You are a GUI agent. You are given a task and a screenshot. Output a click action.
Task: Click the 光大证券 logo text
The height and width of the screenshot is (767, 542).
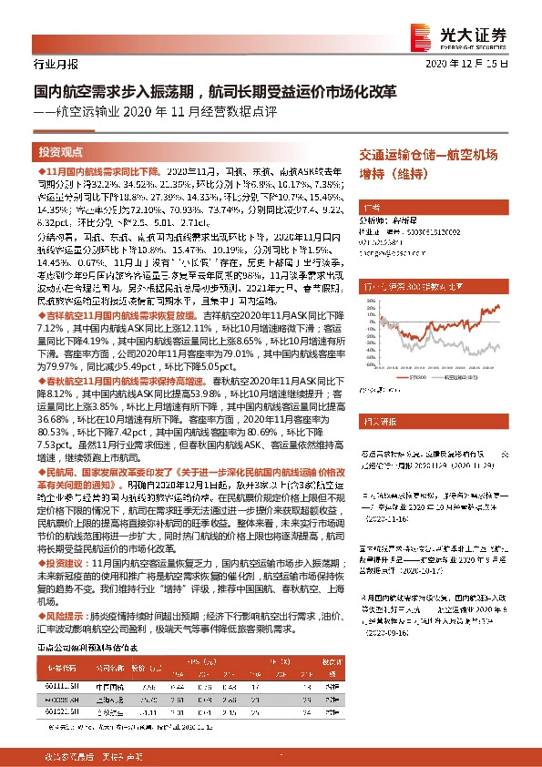tap(487, 33)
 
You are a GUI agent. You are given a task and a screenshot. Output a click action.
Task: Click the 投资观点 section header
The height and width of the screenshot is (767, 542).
tap(61, 152)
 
